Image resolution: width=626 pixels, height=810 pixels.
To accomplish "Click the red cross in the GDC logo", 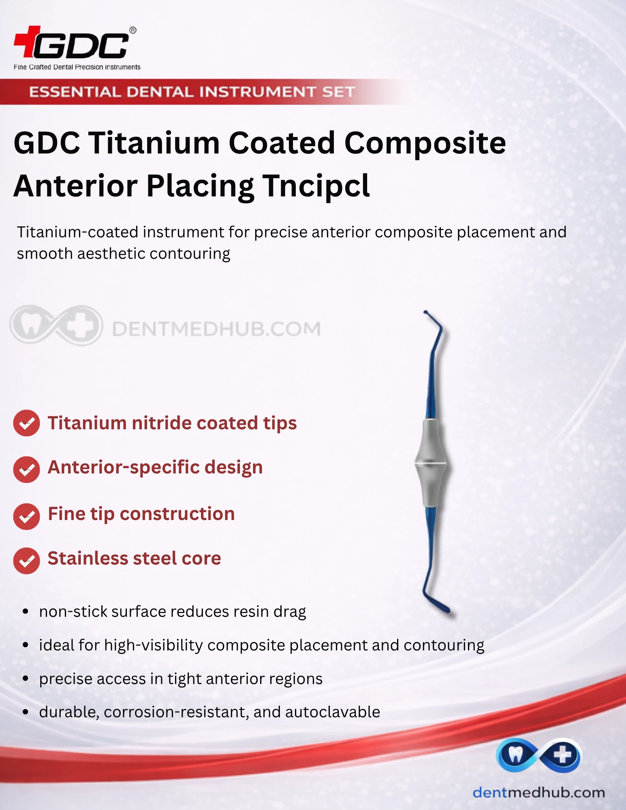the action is click(x=27, y=41).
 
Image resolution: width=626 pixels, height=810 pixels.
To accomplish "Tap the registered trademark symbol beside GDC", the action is click(x=132, y=30).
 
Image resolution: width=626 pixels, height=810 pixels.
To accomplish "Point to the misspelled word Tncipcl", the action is click(x=316, y=186).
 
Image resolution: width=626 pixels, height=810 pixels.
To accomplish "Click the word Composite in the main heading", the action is click(x=425, y=144).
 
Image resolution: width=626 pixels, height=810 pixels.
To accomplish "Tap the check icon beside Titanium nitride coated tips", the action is click(x=27, y=423).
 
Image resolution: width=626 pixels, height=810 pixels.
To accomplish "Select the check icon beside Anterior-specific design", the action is click(x=27, y=469).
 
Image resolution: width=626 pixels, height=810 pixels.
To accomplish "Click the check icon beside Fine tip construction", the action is click(x=27, y=516).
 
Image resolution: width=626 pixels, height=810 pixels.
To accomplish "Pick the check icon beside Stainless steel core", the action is click(x=27, y=561).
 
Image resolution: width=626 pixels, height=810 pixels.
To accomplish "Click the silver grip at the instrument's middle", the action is click(x=431, y=463).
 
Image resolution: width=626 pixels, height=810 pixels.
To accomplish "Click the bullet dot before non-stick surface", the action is click(x=26, y=612).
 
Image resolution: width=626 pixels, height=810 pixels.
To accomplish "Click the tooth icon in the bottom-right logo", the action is click(x=515, y=754).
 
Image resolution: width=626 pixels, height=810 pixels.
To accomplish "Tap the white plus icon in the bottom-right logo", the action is click(x=562, y=755).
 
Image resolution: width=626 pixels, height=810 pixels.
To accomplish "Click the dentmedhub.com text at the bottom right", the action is click(x=539, y=792).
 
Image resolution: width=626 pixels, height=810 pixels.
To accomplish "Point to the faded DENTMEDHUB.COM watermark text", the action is click(x=216, y=329).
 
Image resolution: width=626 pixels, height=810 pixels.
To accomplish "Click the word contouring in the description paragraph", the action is click(x=190, y=254).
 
